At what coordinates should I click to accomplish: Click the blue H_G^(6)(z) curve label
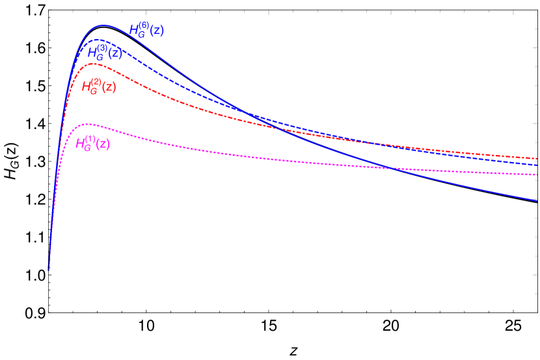click(x=146, y=30)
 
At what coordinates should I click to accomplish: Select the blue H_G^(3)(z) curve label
click(x=105, y=53)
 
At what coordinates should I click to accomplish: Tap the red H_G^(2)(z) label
click(x=99, y=86)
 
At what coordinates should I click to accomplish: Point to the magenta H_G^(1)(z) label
click(x=92, y=143)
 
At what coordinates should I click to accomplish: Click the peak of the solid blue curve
click(x=103, y=25)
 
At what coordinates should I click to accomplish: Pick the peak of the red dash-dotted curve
click(x=94, y=64)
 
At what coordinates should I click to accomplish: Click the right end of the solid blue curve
click(x=537, y=201)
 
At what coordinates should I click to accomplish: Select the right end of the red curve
click(x=537, y=158)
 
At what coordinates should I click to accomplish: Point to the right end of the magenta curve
click(x=537, y=174)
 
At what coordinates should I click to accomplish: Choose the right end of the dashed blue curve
click(x=537, y=165)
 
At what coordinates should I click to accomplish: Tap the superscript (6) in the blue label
click(x=144, y=26)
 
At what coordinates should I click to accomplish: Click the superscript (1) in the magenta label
click(x=90, y=139)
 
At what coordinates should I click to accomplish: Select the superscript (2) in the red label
click(x=96, y=81)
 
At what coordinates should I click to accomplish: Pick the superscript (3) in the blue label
click(x=102, y=48)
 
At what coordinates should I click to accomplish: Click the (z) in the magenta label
click(x=102, y=144)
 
